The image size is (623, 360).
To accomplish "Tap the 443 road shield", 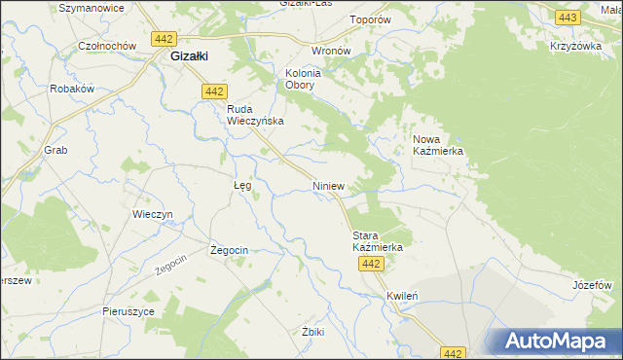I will coord(567,18).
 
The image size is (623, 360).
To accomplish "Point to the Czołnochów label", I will coord(107,46).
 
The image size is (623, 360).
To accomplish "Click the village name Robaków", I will coord(71,89).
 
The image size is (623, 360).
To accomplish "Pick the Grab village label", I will coord(55,151).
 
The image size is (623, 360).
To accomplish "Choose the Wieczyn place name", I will coord(152,214).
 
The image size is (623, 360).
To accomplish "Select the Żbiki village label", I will coord(313,331).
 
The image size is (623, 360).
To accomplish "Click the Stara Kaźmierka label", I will coord(377,241).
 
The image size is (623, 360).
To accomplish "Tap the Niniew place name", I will coord(328,184).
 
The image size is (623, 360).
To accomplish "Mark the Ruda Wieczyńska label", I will coord(255,115).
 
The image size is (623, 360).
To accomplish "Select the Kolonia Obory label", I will coord(303,79).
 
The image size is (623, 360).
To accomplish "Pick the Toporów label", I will coord(397,18).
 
